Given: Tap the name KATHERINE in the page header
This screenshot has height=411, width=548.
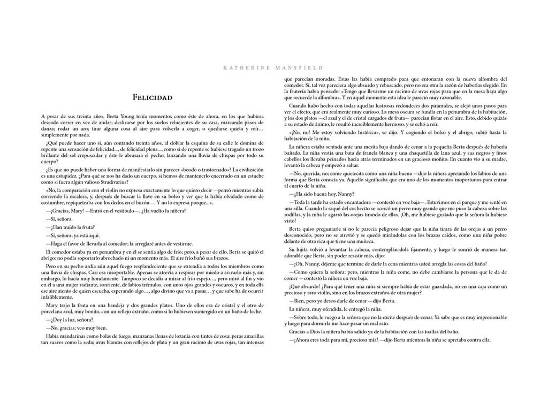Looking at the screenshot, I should pos(243,68).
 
